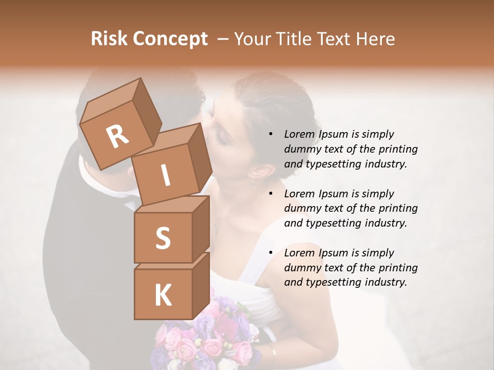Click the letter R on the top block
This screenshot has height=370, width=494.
[118, 137]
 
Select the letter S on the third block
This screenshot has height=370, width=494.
[163, 237]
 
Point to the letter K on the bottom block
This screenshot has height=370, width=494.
[163, 295]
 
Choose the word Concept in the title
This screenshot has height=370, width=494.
[169, 39]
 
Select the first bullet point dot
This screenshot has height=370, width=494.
[271, 135]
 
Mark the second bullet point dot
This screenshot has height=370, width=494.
[271, 194]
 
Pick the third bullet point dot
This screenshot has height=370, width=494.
[271, 253]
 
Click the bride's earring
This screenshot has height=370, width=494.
[253, 184]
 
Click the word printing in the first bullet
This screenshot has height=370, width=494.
[398, 150]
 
